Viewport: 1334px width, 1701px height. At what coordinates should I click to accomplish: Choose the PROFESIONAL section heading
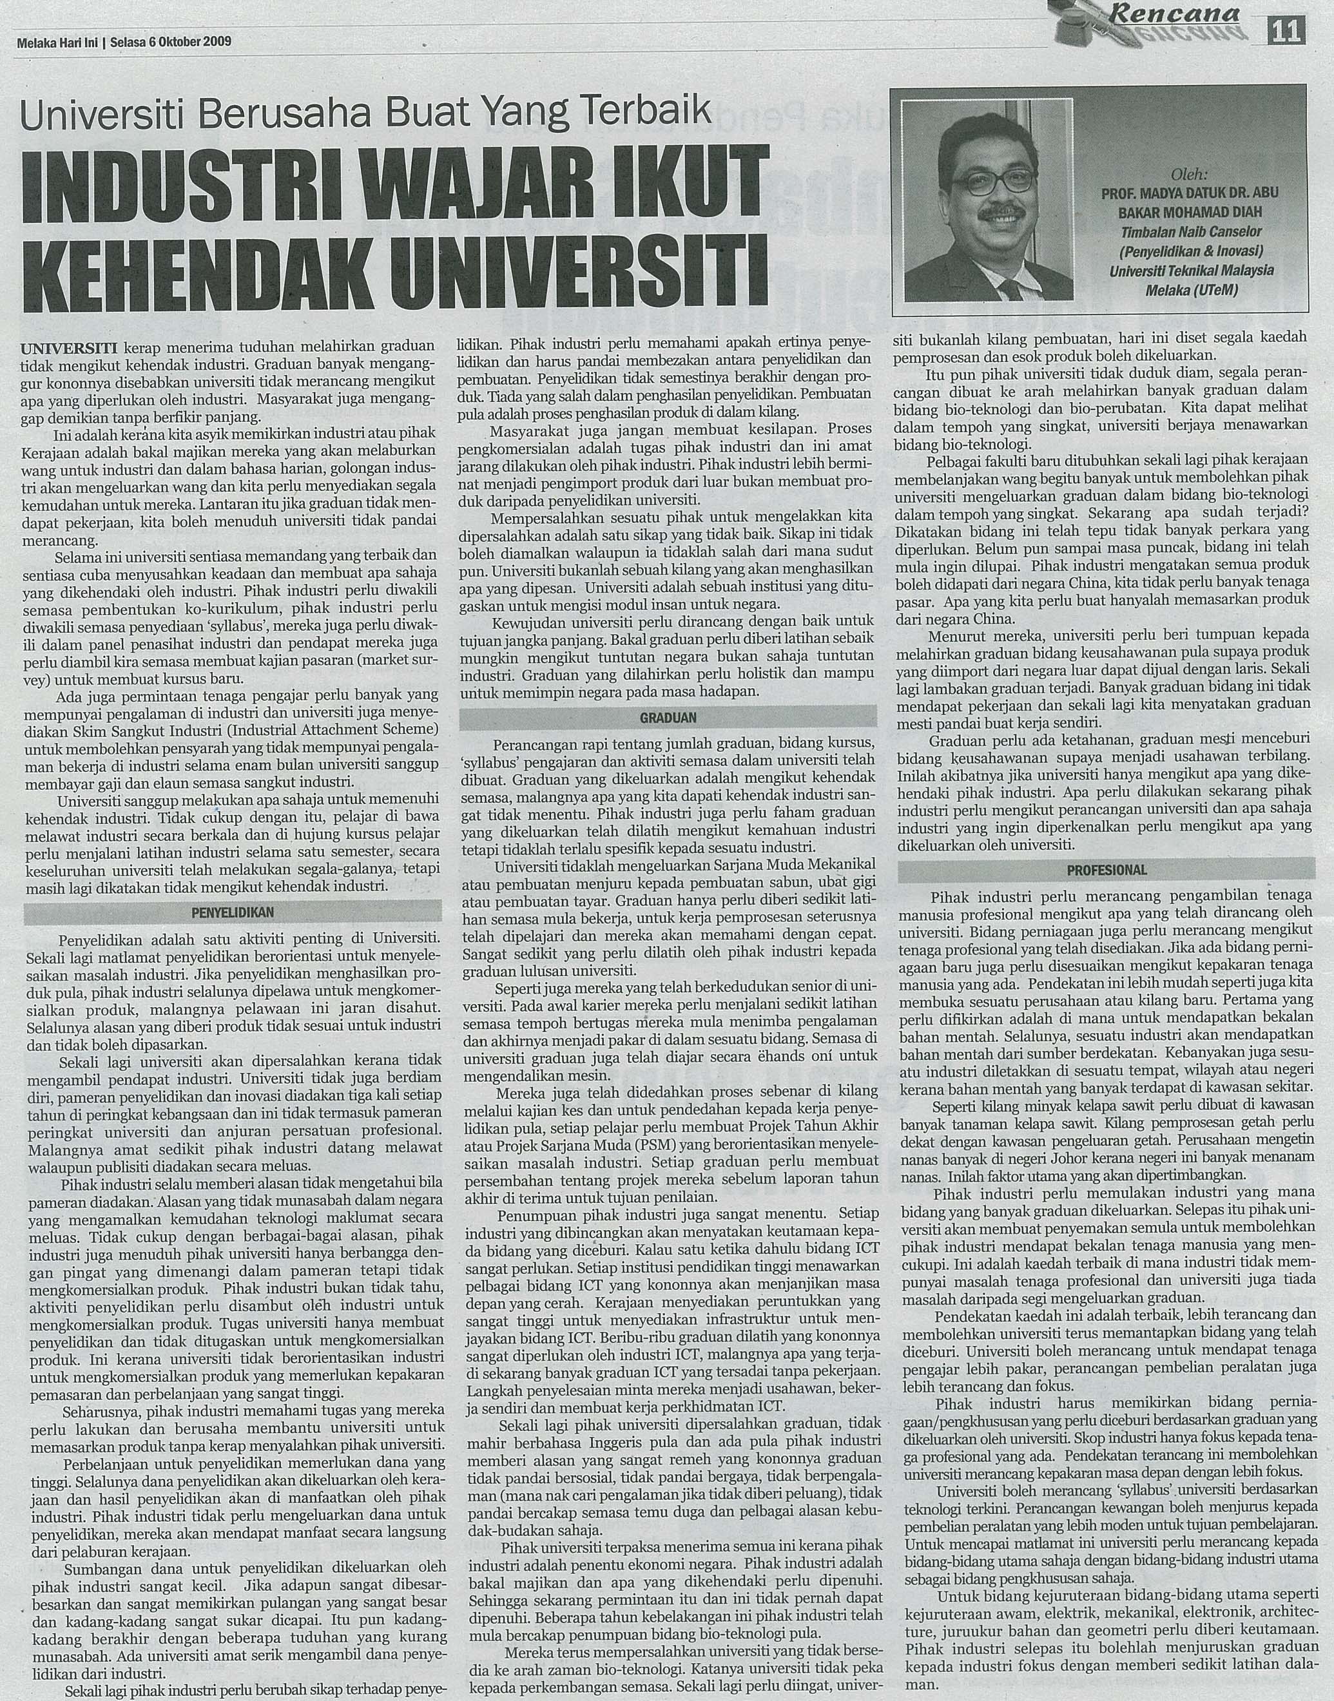coord(1107,869)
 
